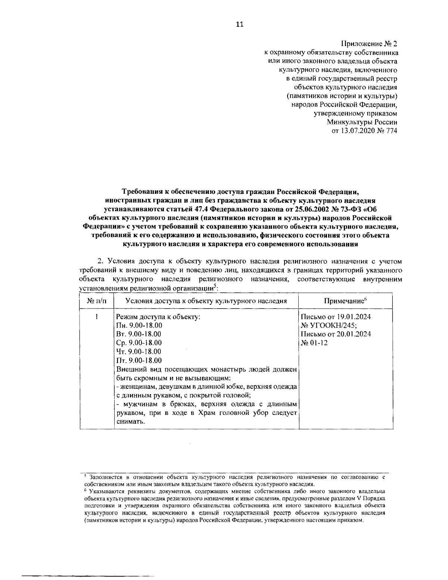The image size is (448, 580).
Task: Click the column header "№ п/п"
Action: pos(96,301)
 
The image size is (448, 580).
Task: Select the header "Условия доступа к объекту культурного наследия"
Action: pos(206,301)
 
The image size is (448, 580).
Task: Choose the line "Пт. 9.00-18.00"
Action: pos(139,360)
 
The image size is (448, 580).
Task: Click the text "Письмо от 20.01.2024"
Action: pos(336,334)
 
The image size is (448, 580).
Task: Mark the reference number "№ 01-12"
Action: pos(314,343)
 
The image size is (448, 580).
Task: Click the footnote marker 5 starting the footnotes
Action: pos(85,476)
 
